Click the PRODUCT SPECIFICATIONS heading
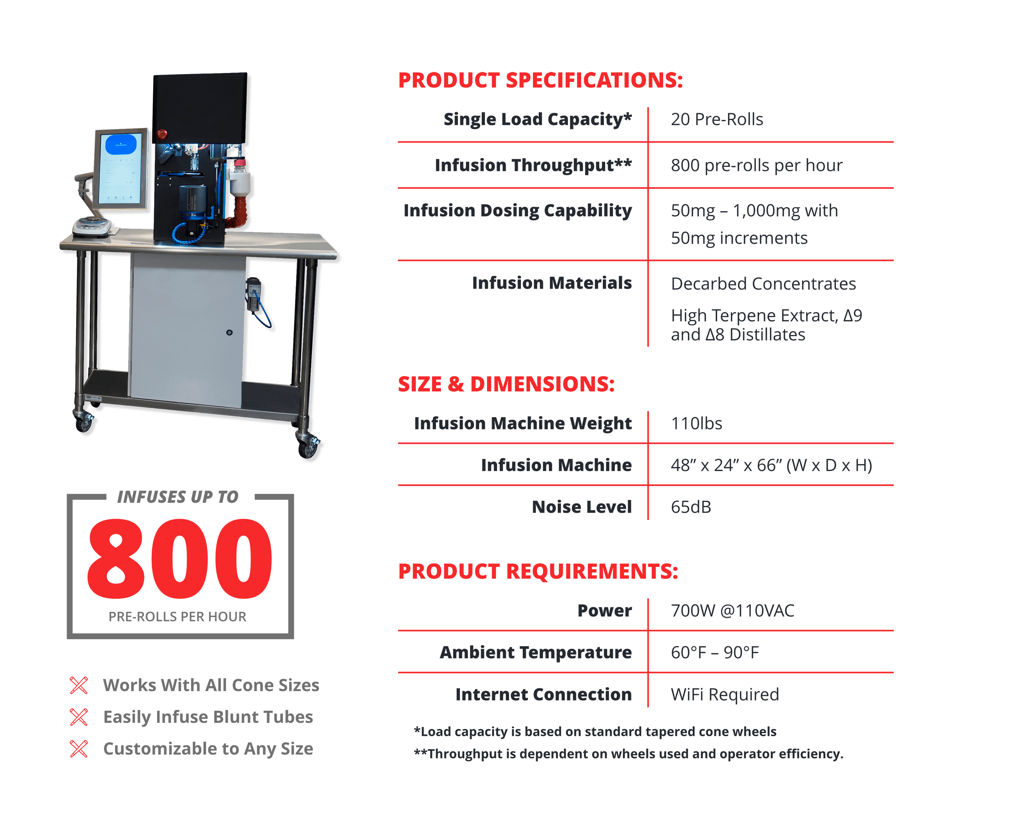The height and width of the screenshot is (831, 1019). click(540, 80)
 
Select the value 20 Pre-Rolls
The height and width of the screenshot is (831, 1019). click(716, 119)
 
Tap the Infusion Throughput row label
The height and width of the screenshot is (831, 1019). click(533, 165)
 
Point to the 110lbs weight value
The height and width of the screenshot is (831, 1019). click(696, 423)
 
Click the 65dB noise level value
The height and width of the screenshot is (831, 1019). click(691, 507)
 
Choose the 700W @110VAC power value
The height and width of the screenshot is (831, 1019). click(732, 610)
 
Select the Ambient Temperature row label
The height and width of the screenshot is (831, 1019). click(535, 652)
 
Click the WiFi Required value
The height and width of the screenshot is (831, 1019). click(724, 694)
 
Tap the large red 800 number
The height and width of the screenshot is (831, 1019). click(180, 558)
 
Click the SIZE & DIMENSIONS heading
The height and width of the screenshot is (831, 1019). click(506, 384)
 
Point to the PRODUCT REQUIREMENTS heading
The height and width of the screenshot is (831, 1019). click(538, 571)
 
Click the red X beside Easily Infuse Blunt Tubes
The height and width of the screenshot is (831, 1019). click(79, 717)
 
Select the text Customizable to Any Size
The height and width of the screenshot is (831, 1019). click(208, 748)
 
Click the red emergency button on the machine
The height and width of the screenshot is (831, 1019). click(162, 134)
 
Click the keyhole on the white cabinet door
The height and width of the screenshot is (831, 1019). click(229, 332)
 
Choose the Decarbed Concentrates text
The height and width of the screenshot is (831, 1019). click(763, 284)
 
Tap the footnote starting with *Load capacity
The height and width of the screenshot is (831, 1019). click(595, 732)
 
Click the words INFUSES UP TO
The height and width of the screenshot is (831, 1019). click(178, 497)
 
